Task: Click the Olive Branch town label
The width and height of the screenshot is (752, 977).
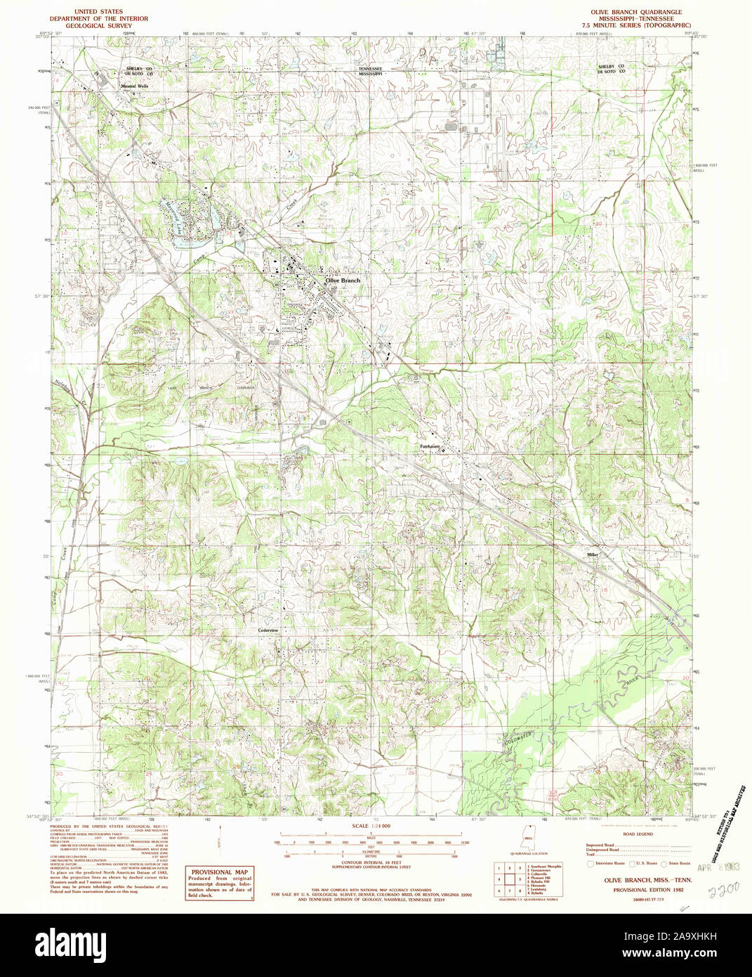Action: pyautogui.click(x=343, y=280)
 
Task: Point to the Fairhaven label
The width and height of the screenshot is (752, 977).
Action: pyautogui.click(x=430, y=446)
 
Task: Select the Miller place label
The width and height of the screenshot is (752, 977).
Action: pyautogui.click(x=593, y=555)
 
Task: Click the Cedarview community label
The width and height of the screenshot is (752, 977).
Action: pyautogui.click(x=268, y=630)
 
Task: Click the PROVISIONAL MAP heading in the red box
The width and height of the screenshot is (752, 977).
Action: pyautogui.click(x=220, y=872)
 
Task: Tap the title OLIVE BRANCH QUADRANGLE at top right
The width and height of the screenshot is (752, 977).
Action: pyautogui.click(x=636, y=12)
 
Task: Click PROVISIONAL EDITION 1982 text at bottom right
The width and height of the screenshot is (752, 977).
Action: pyautogui.click(x=638, y=889)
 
